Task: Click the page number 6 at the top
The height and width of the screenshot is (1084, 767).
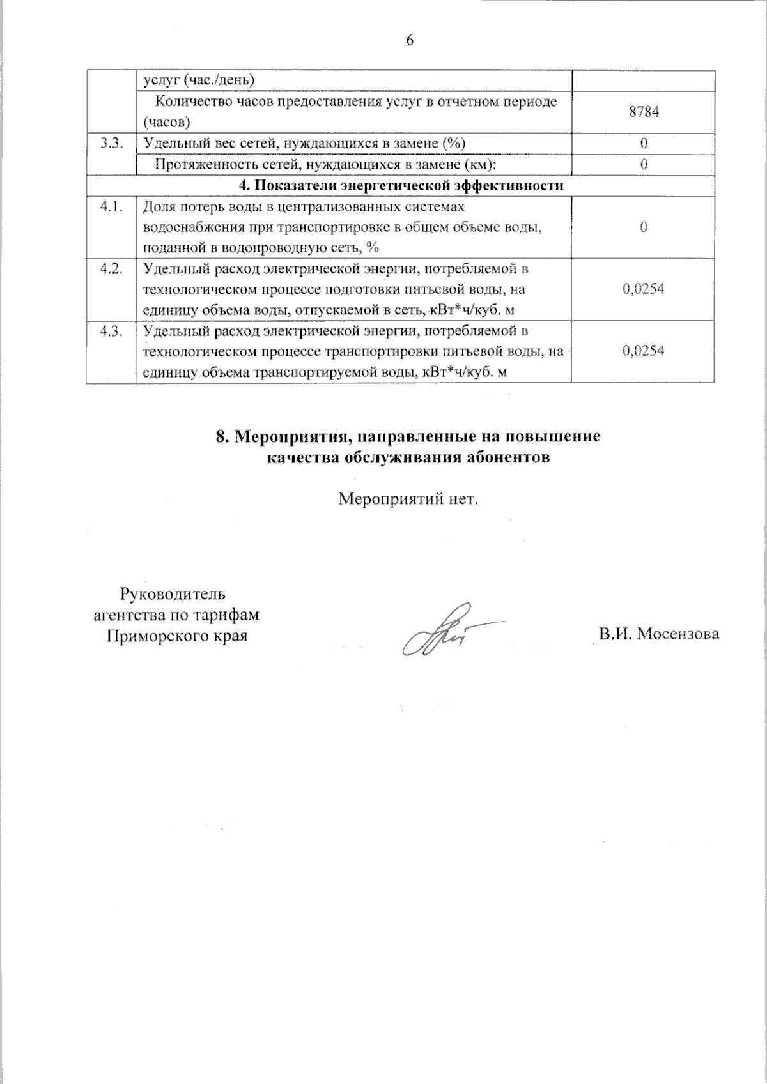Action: (x=410, y=41)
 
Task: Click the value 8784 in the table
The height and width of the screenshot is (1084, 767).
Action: (x=644, y=112)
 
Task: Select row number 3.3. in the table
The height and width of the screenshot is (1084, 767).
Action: (x=111, y=143)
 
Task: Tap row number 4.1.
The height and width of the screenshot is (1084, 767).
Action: (x=111, y=207)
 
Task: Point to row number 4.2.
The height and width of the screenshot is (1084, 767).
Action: (x=111, y=269)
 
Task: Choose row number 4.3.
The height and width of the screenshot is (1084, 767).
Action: (x=111, y=331)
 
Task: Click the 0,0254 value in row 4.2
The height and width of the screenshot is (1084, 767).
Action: (x=643, y=289)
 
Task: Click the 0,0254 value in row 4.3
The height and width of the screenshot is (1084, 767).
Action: (x=643, y=351)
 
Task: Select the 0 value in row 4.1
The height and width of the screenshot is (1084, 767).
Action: (x=644, y=227)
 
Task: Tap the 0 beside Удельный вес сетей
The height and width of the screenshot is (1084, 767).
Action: (x=644, y=143)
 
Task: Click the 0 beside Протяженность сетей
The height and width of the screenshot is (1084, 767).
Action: (x=644, y=164)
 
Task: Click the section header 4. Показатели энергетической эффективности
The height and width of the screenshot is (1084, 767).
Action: (x=401, y=186)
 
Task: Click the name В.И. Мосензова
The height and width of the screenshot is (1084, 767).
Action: (x=659, y=634)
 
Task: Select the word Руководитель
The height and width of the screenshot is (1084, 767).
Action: (x=173, y=594)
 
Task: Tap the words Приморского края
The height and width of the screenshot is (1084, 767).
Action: (x=176, y=636)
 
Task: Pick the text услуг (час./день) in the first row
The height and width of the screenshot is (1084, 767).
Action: (x=199, y=80)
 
